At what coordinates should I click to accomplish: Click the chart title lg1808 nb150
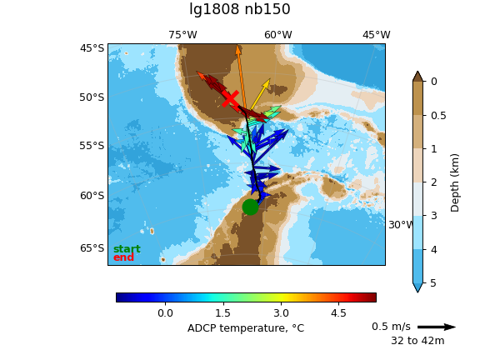(240, 9)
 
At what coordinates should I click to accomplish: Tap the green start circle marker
(250, 207)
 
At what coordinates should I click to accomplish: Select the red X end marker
(230, 98)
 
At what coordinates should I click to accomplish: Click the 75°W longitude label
(182, 35)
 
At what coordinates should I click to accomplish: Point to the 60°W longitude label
(278, 35)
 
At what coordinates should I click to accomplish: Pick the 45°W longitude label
(377, 35)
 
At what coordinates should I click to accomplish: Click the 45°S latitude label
(92, 48)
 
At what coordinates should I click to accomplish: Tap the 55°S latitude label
(92, 145)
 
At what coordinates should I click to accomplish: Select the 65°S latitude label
(92, 248)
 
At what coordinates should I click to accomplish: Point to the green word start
(127, 249)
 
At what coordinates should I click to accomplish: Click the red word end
(123, 257)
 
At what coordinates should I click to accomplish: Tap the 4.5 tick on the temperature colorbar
(338, 313)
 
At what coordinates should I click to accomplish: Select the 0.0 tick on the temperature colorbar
(165, 313)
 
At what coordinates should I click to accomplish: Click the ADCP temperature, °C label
(246, 328)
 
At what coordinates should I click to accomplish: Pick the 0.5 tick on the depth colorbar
(438, 116)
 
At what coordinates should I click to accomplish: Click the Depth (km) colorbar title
(455, 182)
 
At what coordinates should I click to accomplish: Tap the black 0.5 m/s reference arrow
(437, 327)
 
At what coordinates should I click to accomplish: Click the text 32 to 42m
(417, 341)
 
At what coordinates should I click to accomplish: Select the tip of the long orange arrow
(237, 45)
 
